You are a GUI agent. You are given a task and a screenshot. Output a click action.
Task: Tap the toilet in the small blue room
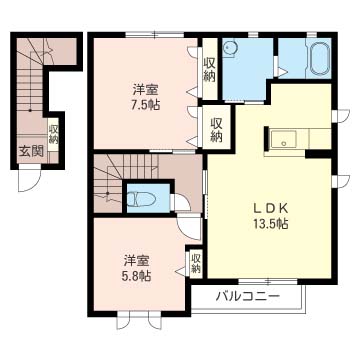[x=142, y=199]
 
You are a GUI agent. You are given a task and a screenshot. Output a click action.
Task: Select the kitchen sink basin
[x=283, y=139]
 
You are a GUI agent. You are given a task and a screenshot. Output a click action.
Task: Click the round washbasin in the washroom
[x=228, y=49]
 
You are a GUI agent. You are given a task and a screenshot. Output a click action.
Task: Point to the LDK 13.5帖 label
[x=270, y=216]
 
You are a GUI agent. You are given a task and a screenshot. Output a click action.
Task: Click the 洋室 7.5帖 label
[x=146, y=97]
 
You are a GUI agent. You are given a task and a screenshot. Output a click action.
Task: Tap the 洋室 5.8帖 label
[x=137, y=268]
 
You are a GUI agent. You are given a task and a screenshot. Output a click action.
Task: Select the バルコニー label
[x=247, y=296]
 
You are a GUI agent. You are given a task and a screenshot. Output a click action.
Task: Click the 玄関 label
[x=31, y=152]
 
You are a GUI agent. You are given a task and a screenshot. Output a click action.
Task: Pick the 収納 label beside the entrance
[x=53, y=134]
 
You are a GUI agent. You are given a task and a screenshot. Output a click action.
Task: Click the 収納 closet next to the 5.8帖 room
[x=196, y=263]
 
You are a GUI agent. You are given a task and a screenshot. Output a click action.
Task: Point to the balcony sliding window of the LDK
[x=268, y=282]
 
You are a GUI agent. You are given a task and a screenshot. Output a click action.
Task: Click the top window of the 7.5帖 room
[x=155, y=34]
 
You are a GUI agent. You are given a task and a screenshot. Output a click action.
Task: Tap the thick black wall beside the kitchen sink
[x=266, y=139]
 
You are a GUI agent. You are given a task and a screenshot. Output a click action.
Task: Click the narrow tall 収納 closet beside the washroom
[x=210, y=68]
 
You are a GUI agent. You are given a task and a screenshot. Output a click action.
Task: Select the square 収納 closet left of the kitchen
[x=216, y=127]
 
